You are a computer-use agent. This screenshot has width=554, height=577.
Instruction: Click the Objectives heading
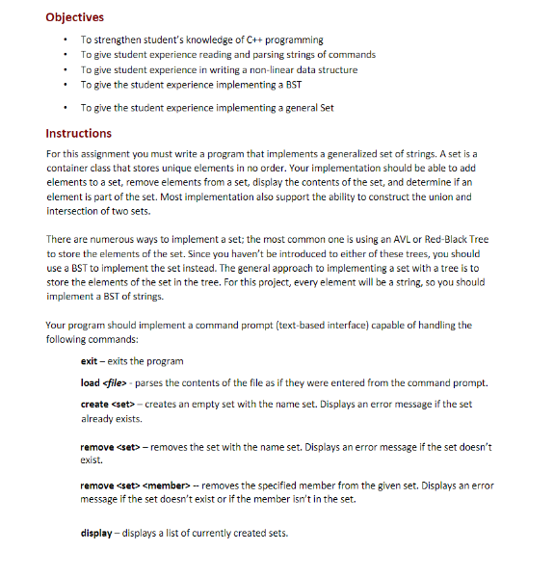click(x=75, y=16)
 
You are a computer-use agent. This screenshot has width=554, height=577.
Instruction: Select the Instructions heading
click(x=79, y=133)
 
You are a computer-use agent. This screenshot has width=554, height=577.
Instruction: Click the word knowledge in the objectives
click(x=185, y=39)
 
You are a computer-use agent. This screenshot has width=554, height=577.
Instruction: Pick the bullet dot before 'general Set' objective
click(x=64, y=108)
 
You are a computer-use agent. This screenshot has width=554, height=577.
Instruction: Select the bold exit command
click(x=90, y=360)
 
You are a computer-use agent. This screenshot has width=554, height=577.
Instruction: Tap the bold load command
click(x=91, y=382)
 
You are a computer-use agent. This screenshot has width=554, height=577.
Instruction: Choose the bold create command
click(x=94, y=404)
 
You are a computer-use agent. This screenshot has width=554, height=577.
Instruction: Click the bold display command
click(x=97, y=533)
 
